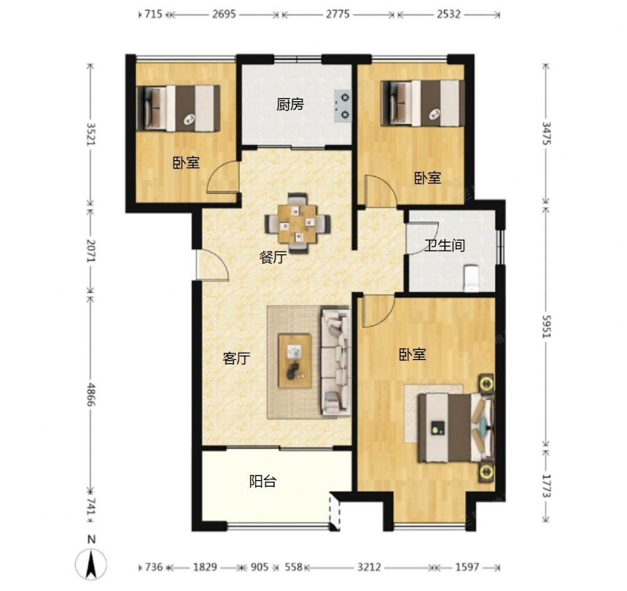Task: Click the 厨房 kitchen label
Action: pos(290,104)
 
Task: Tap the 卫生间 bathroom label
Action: pos(445,245)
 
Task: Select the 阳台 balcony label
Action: pos(263,481)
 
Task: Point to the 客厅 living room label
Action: pos(236,358)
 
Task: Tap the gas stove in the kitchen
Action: pos(342,105)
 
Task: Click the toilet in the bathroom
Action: pos(471,278)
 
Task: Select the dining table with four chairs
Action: pos(298,223)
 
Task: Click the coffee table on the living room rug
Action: pos(295,361)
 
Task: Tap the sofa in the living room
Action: pos(335,362)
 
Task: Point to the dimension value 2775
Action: pos(337,14)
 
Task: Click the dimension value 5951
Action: pos(547,326)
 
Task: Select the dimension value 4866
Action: pos(91,394)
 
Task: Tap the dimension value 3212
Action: pos(369,567)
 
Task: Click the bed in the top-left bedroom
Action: pos(178,108)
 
